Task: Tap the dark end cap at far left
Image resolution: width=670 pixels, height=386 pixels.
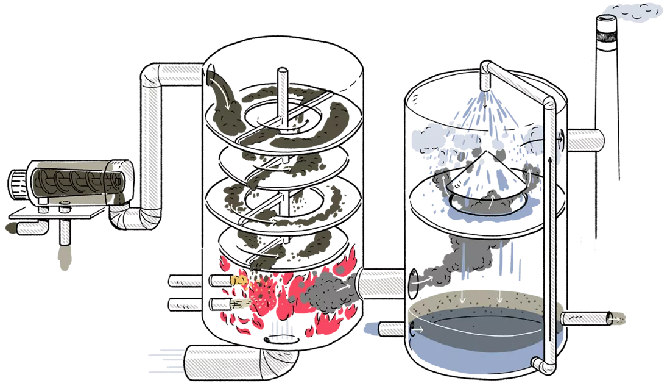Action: (10, 228)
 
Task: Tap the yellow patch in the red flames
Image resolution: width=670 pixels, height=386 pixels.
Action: (239, 281)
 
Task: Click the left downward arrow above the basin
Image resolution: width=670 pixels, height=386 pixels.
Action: (464, 294)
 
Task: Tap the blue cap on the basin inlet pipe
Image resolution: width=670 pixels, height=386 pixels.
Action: (370, 329)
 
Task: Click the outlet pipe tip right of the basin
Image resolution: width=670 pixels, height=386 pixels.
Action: (616, 318)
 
